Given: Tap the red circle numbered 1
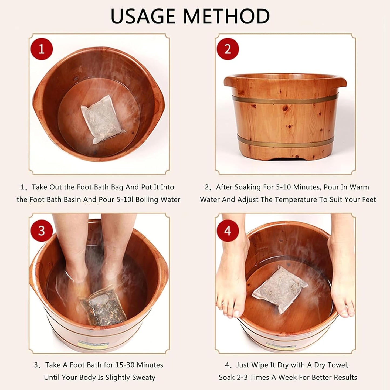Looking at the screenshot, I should point(41,49).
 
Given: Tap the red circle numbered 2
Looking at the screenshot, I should point(228,49).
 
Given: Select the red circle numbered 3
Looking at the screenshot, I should point(41,231).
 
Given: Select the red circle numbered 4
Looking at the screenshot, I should point(228,231).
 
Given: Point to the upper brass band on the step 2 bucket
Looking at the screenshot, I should point(285,99).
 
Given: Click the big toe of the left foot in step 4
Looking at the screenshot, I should point(236,313).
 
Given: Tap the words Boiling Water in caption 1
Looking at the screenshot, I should point(158,200).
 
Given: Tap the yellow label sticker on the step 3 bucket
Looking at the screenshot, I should point(93,344).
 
